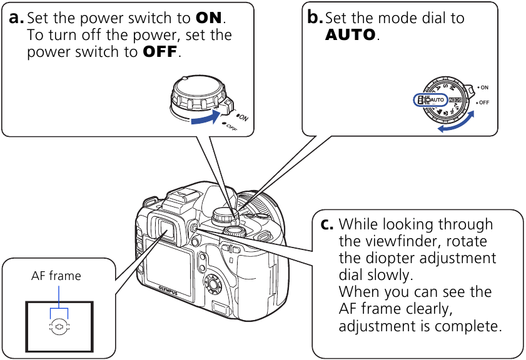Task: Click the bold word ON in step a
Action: [x=210, y=18]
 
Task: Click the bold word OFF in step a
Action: [x=160, y=52]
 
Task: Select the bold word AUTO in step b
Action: [x=351, y=35]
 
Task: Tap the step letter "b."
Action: [x=315, y=18]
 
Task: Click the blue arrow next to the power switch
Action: [x=207, y=117]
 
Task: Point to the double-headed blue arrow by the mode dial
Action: [x=455, y=122]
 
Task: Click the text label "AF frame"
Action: [x=56, y=276]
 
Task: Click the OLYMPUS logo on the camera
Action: [x=169, y=287]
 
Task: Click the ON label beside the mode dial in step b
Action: [x=484, y=88]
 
